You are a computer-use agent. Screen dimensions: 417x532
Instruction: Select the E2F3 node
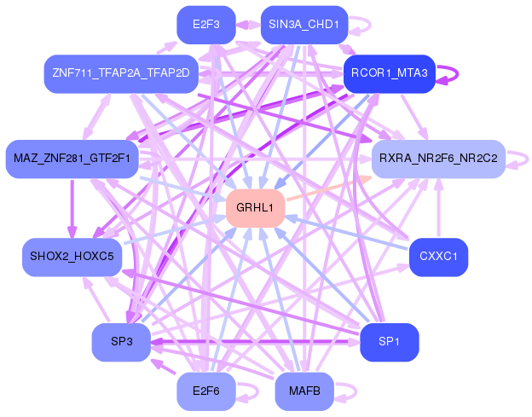(206, 25)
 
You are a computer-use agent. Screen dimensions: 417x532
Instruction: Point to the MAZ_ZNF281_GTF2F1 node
(72, 159)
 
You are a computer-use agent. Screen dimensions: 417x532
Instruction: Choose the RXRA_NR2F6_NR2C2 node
(438, 159)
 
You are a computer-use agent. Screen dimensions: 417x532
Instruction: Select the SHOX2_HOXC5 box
(72, 257)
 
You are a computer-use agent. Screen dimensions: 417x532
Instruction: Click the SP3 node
(121, 342)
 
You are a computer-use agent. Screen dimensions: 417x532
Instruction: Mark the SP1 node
(390, 342)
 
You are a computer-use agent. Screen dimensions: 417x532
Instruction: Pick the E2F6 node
(206, 391)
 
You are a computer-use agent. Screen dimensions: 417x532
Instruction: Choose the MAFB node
(304, 391)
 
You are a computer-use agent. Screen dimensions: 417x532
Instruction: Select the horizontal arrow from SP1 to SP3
(256, 342)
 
